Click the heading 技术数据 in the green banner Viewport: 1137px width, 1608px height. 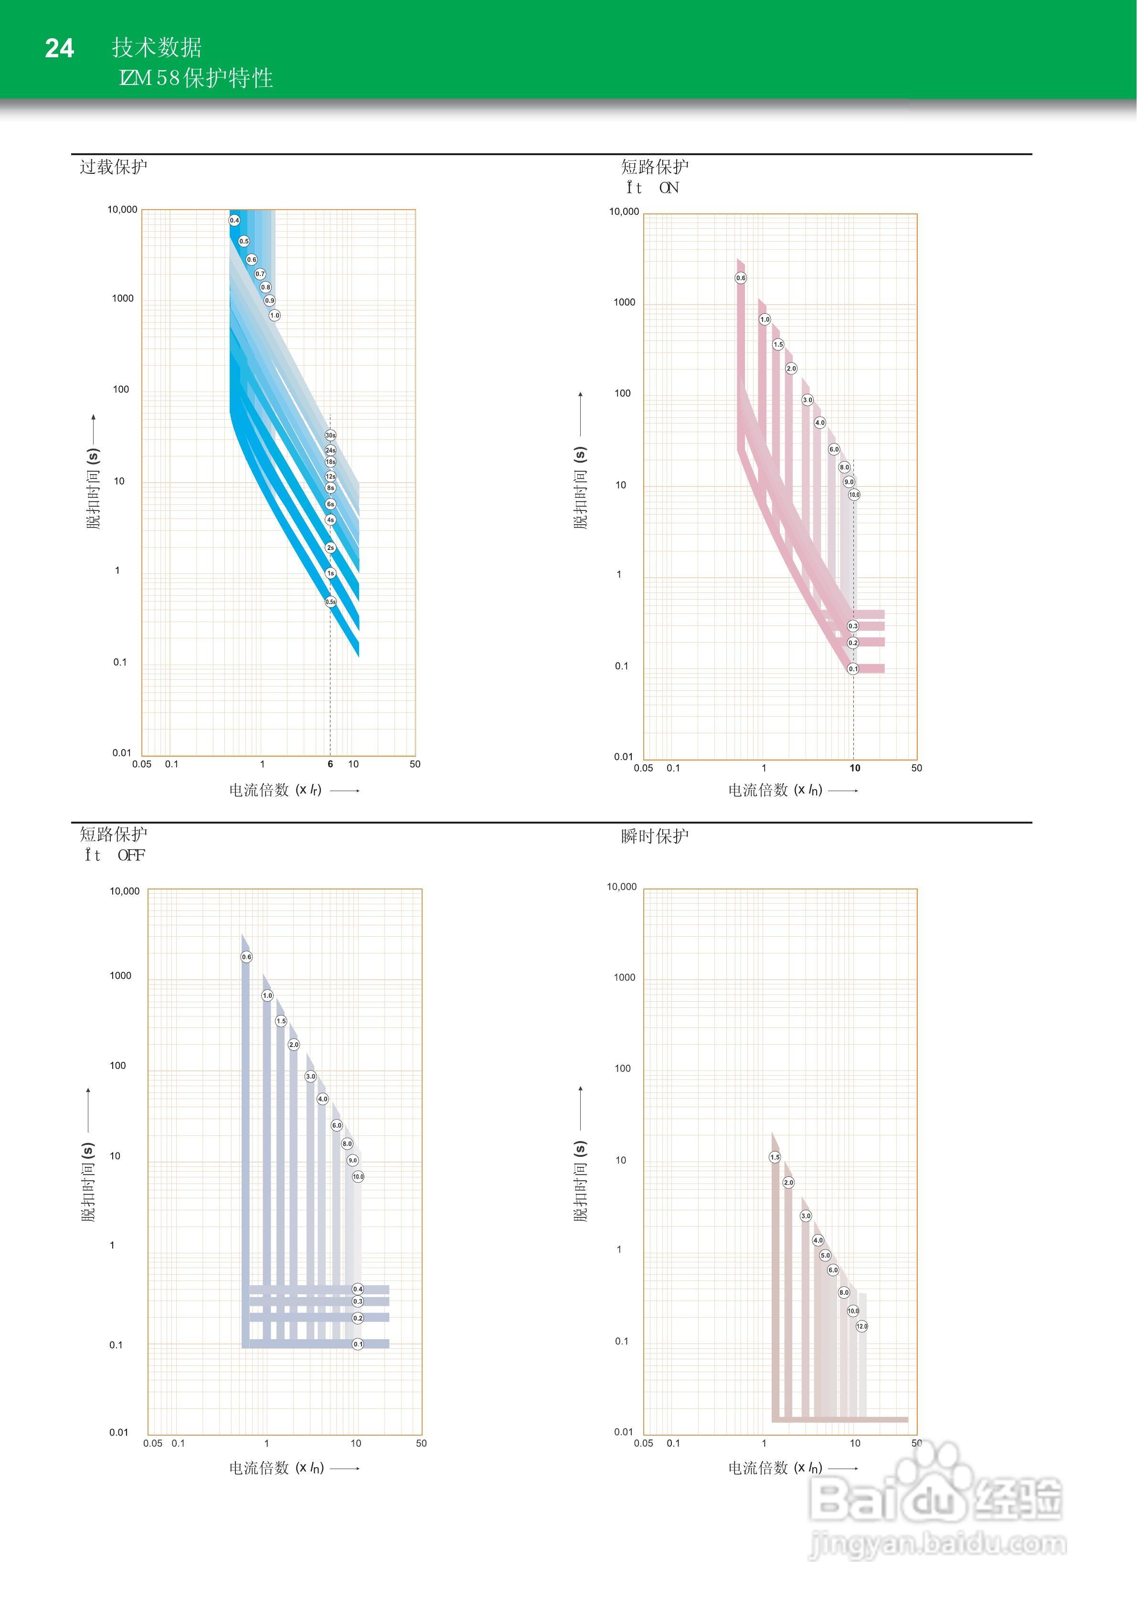157,47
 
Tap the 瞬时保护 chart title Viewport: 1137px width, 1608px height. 654,836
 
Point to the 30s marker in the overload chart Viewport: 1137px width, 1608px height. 330,435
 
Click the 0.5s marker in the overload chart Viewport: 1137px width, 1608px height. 330,602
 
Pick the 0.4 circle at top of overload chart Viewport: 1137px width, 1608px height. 234,221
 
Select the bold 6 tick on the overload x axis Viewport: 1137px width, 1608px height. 330,764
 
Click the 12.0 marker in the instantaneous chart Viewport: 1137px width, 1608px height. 861,1326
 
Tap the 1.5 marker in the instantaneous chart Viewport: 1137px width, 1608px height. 775,1157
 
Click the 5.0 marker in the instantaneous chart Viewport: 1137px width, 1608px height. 825,1255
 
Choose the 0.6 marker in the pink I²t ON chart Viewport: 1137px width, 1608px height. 741,278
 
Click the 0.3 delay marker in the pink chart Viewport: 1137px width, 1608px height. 852,626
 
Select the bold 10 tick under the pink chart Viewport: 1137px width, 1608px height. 855,768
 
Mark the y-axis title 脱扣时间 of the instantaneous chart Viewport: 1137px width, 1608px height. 581,1182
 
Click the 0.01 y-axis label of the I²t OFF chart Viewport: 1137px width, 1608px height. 118,1432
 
